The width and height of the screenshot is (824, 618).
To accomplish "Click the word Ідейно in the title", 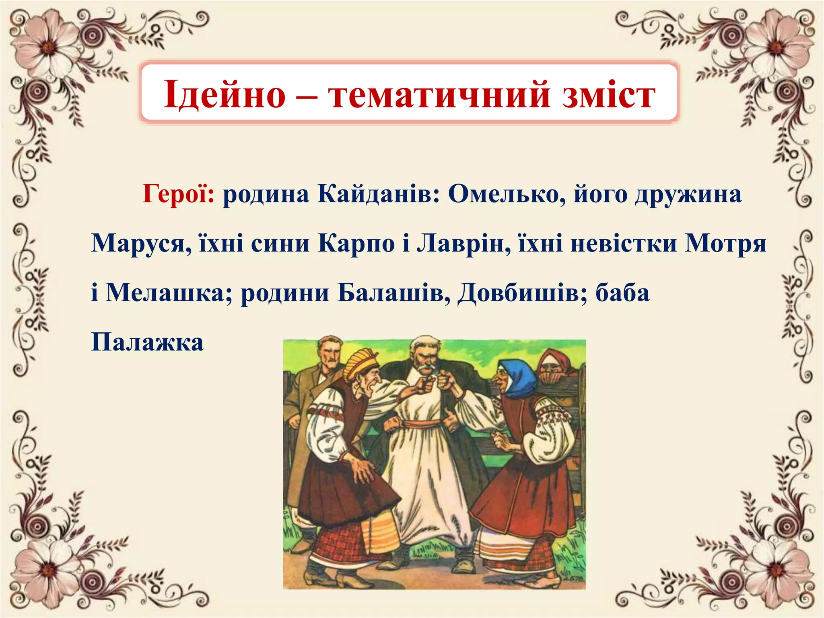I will click(224, 95).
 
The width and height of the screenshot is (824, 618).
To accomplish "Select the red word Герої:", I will click(179, 194).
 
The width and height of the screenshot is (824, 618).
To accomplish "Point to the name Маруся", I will click(141, 243).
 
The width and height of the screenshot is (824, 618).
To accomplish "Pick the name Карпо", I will click(356, 243).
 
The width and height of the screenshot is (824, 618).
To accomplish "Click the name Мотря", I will click(725, 243).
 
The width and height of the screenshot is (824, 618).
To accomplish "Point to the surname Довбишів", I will click(523, 293).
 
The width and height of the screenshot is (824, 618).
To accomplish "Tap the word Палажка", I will click(147, 342).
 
